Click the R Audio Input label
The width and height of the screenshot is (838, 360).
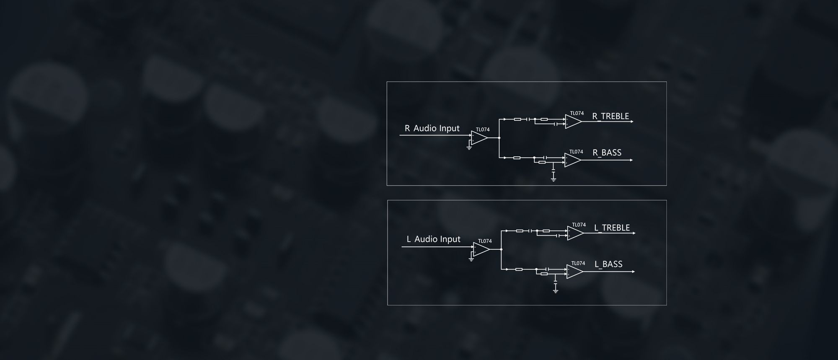click(432, 129)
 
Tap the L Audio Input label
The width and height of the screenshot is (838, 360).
click(433, 239)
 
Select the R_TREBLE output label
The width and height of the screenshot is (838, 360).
click(610, 117)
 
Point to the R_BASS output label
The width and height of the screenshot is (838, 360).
click(607, 153)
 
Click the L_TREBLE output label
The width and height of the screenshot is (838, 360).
click(612, 228)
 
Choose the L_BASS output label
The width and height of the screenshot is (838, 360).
click(608, 264)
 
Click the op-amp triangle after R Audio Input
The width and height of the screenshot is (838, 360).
click(479, 137)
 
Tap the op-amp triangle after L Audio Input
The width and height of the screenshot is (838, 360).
click(481, 249)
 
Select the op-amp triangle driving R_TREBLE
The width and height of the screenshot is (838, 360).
click(573, 122)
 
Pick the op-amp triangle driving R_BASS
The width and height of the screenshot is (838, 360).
click(572, 160)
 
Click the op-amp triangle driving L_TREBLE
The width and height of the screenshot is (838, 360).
click(575, 233)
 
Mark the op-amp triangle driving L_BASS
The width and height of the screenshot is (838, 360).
click(574, 272)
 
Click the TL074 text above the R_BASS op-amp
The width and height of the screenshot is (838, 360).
click(576, 152)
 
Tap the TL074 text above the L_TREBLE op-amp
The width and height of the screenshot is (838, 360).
click(579, 225)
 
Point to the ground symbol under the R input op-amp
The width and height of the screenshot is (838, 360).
click(469, 148)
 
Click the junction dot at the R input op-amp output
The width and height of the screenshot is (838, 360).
click(499, 137)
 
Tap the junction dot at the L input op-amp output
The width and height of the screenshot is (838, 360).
click(501, 249)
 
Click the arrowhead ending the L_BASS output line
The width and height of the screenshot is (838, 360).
click(633, 272)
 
